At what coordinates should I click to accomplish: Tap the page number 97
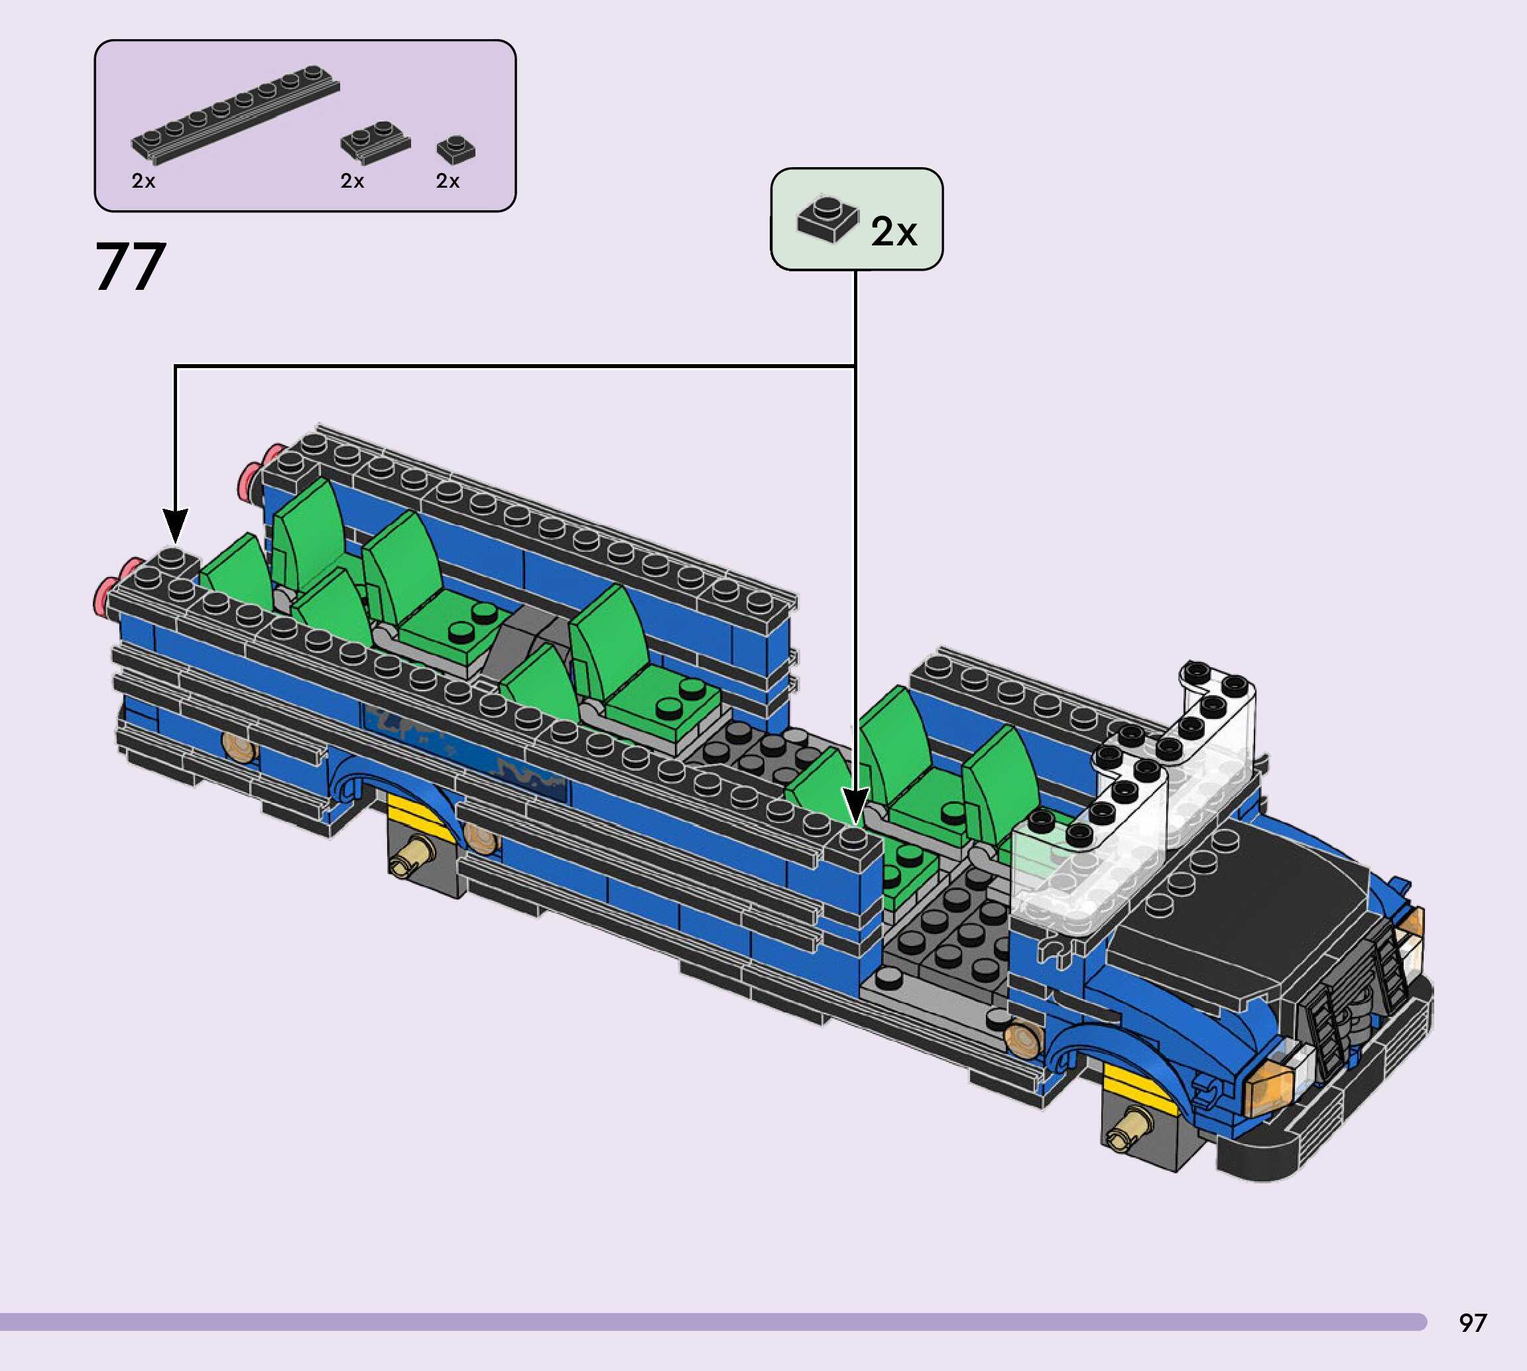click(x=1472, y=1323)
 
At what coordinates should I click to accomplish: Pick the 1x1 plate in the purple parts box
click(x=456, y=149)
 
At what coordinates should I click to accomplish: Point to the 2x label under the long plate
click(x=143, y=181)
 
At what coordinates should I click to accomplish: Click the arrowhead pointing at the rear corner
click(x=174, y=526)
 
